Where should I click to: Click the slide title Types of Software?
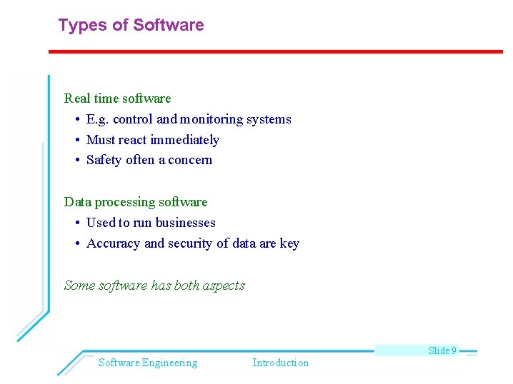[x=131, y=26]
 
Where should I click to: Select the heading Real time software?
[x=118, y=98]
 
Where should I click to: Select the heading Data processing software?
[x=136, y=202]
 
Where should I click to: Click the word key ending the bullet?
[x=289, y=244]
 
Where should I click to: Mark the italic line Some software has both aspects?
[x=154, y=286]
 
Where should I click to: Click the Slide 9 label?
[x=442, y=350]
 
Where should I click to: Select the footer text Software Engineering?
[x=148, y=363]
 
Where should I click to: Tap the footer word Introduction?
[x=281, y=363]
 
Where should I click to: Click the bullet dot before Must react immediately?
[x=76, y=141]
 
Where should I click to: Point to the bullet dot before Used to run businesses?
[x=76, y=223]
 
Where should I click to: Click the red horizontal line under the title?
[x=275, y=51]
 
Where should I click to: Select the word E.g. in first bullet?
[x=98, y=119]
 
